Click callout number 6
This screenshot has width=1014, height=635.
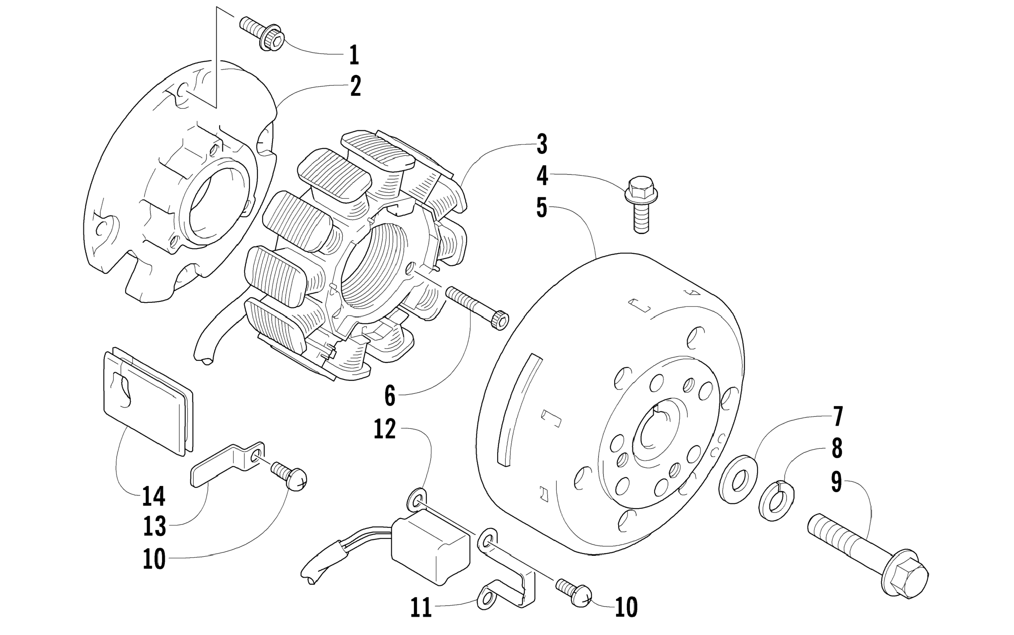click(x=390, y=396)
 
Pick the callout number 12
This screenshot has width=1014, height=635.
click(x=385, y=430)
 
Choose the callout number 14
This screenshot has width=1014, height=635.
click(x=154, y=496)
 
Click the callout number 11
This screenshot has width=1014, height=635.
click(x=421, y=607)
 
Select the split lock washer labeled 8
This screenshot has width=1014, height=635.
click(x=776, y=501)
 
